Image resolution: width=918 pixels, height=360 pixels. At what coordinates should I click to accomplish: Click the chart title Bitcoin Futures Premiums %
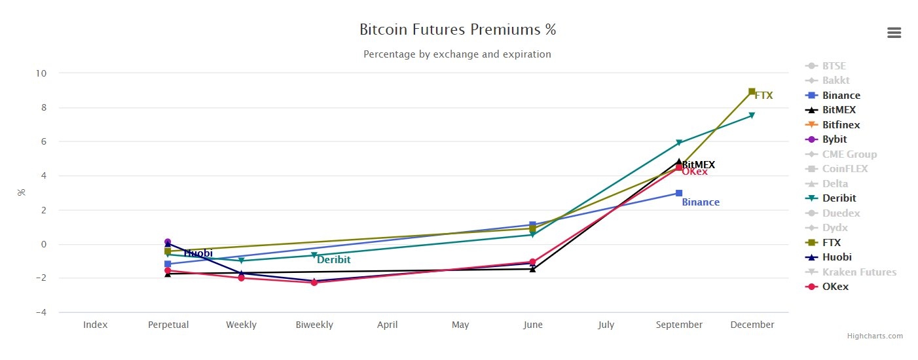click(x=458, y=29)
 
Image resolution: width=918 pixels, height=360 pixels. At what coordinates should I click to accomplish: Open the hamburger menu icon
click(x=894, y=33)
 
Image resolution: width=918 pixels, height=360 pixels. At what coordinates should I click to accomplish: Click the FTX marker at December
click(x=752, y=92)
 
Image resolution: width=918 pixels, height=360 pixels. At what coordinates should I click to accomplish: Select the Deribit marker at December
click(x=752, y=115)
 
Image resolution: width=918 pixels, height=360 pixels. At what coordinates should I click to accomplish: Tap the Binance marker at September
click(x=679, y=193)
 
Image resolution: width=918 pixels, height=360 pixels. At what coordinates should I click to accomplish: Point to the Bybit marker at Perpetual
click(x=168, y=242)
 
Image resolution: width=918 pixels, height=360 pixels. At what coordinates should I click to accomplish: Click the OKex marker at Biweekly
click(x=314, y=282)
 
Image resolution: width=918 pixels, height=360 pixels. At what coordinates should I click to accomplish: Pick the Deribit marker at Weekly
click(x=242, y=261)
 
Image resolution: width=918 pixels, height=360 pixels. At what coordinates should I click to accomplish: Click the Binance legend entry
click(x=841, y=96)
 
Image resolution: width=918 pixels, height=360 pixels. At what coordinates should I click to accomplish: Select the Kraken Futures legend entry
click(x=859, y=272)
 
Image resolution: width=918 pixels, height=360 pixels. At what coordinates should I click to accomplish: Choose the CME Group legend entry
click(x=849, y=154)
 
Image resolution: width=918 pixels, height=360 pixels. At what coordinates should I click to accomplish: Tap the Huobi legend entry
click(x=837, y=257)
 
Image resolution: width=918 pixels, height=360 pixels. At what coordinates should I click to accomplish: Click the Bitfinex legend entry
click(x=841, y=125)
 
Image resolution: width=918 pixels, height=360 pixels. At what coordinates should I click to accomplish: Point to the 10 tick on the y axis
click(x=41, y=73)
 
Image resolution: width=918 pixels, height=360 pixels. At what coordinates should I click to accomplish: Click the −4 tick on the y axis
click(x=41, y=312)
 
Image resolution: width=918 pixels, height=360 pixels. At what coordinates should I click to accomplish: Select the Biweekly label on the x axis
click(x=314, y=325)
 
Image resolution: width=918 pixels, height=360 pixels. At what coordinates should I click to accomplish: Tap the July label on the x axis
click(x=606, y=325)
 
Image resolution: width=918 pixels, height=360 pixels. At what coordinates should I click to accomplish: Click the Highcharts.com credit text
click(x=875, y=336)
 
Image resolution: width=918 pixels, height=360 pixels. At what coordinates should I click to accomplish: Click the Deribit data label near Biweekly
click(x=334, y=260)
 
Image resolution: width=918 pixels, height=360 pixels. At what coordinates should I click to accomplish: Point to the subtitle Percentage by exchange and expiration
click(x=457, y=54)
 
